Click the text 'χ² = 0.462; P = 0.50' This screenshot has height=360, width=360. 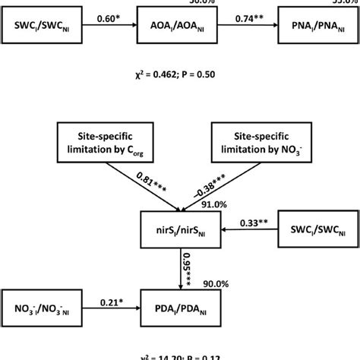pyautogui.click(x=180, y=77)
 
